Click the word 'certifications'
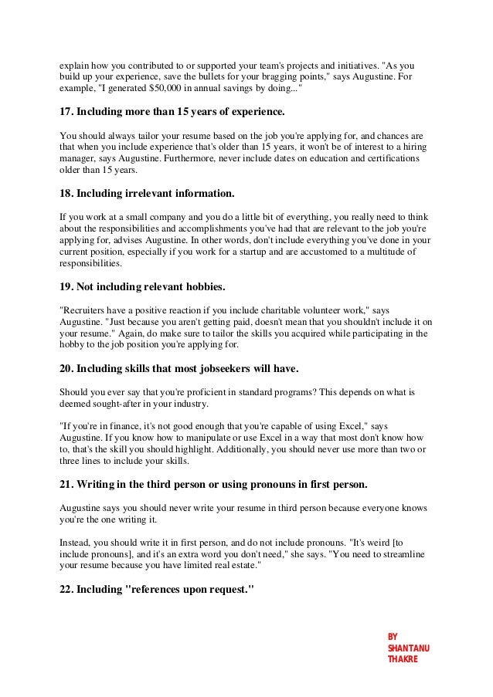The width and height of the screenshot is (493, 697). (x=393, y=158)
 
